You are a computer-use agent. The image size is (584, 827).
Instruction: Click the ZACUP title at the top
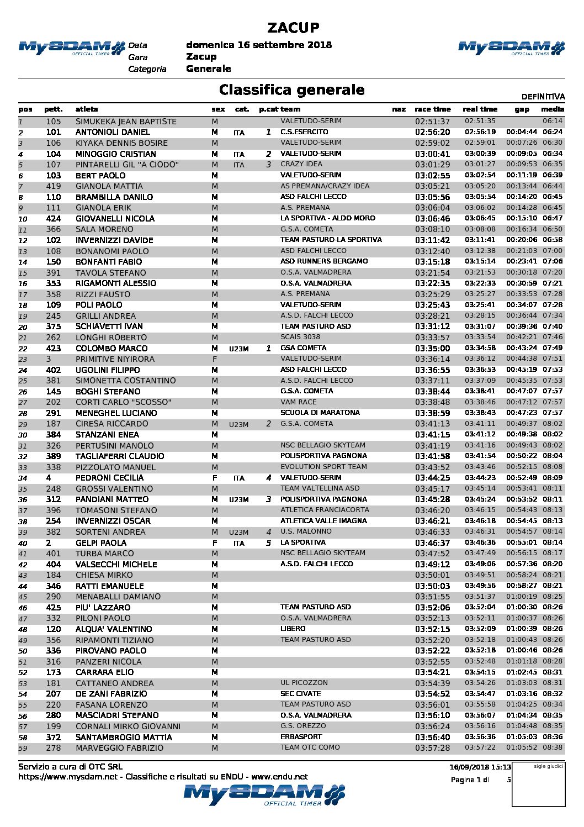(293, 28)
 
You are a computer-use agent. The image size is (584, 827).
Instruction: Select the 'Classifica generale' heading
(291, 90)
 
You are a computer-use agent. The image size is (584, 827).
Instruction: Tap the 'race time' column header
(432, 109)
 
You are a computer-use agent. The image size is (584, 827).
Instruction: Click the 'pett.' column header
(54, 109)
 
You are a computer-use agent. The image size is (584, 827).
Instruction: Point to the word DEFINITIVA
(543, 97)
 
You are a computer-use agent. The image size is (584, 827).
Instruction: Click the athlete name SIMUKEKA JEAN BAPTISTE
(126, 122)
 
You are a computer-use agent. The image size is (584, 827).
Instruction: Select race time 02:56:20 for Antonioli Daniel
(432, 132)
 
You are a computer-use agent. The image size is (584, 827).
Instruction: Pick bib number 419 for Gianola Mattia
(54, 186)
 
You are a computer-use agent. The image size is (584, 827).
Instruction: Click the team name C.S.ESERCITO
(304, 132)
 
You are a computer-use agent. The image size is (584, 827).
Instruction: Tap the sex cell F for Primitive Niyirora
(214, 359)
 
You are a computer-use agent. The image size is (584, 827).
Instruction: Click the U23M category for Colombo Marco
(238, 349)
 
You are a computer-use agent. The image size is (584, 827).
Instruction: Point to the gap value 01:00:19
(522, 597)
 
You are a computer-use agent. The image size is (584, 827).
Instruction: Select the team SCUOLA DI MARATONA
(320, 413)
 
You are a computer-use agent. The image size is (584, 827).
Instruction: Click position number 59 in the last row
(23, 748)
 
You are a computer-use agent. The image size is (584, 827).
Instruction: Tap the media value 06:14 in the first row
(553, 121)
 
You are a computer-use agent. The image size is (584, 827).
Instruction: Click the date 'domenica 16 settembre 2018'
(259, 45)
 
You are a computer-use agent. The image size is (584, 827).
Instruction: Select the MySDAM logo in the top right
(511, 48)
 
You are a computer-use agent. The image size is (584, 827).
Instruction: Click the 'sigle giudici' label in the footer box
(548, 766)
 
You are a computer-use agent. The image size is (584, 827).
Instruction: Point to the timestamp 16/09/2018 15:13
(480, 767)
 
